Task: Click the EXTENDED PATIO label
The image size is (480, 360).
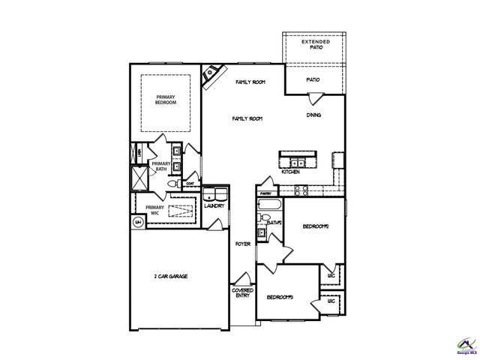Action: pos(314,44)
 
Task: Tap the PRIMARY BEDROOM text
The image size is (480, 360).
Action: pos(166,100)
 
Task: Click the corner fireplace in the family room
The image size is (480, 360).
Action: pos(213,74)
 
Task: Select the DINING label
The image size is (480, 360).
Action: pos(314,115)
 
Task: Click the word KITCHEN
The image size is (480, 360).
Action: pos(291,172)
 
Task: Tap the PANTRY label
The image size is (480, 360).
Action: pos(265,193)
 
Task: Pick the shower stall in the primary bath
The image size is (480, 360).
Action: pos(139,177)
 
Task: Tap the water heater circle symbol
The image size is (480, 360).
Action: pos(139,222)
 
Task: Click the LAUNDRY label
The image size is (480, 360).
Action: pos(214,205)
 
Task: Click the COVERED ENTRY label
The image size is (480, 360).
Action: pos(242,292)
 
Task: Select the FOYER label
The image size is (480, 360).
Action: pos(242,244)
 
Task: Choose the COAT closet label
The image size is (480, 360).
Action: pos(190,182)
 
